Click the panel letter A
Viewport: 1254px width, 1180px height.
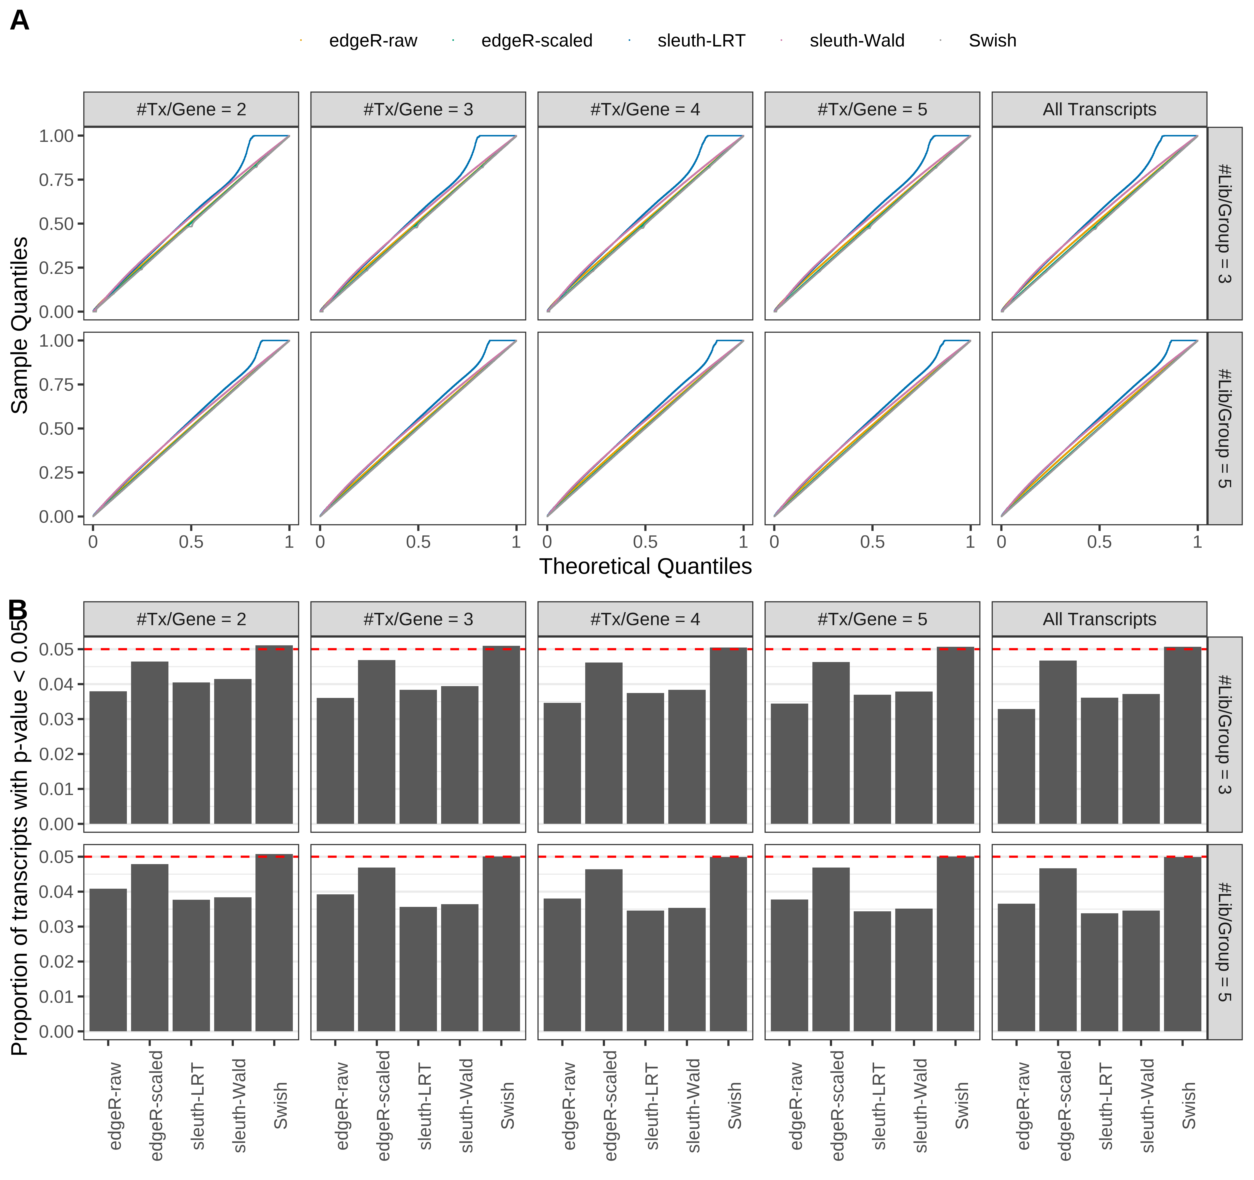click(x=20, y=21)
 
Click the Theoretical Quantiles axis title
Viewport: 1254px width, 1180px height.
click(x=645, y=566)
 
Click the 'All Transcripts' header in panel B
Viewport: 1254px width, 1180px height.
click(x=1099, y=619)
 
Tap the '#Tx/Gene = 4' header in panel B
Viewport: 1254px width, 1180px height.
click(x=645, y=619)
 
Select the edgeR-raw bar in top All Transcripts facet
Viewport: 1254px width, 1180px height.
click(x=1016, y=766)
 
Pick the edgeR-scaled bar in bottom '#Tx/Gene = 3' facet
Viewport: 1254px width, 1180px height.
click(x=377, y=949)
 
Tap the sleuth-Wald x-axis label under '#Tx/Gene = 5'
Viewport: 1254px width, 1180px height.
click(x=921, y=1106)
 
